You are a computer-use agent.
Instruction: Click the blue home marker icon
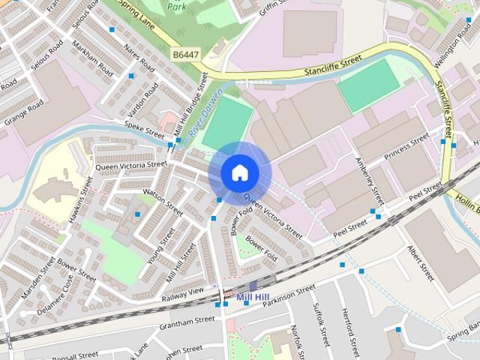click(239, 172)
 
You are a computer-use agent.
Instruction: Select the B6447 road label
click(187, 55)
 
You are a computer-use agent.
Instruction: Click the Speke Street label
click(143, 130)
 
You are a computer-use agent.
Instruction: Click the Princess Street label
click(406, 146)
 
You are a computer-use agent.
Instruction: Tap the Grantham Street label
click(187, 325)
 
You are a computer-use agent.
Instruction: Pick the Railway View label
click(182, 295)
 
